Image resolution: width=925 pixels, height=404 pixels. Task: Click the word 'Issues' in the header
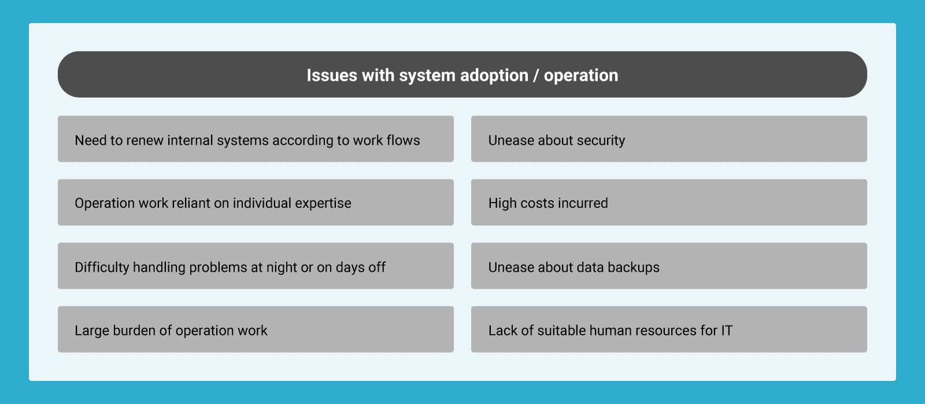332,76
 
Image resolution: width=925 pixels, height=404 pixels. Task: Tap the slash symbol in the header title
535,76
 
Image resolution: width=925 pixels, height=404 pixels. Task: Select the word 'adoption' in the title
494,76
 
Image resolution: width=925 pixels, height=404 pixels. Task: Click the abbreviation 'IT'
727,330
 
